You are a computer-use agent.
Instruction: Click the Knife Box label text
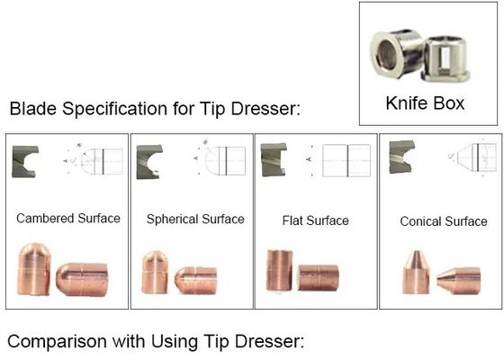[425, 103]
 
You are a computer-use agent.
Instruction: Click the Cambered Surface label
[68, 219]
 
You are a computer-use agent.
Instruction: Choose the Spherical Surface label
[195, 220]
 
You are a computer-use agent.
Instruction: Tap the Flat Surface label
[315, 220]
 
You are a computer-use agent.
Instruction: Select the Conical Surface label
[444, 221]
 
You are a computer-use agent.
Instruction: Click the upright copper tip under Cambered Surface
[33, 269]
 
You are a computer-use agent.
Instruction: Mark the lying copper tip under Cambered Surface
[82, 280]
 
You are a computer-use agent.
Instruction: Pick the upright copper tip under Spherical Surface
[155, 272]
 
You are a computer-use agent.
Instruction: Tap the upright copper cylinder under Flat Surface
[279, 271]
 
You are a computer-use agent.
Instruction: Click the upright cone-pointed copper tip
[416, 273]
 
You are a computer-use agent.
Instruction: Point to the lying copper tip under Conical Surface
[459, 281]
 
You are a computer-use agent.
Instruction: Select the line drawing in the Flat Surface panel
[338, 160]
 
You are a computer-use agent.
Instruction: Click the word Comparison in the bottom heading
[57, 341]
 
